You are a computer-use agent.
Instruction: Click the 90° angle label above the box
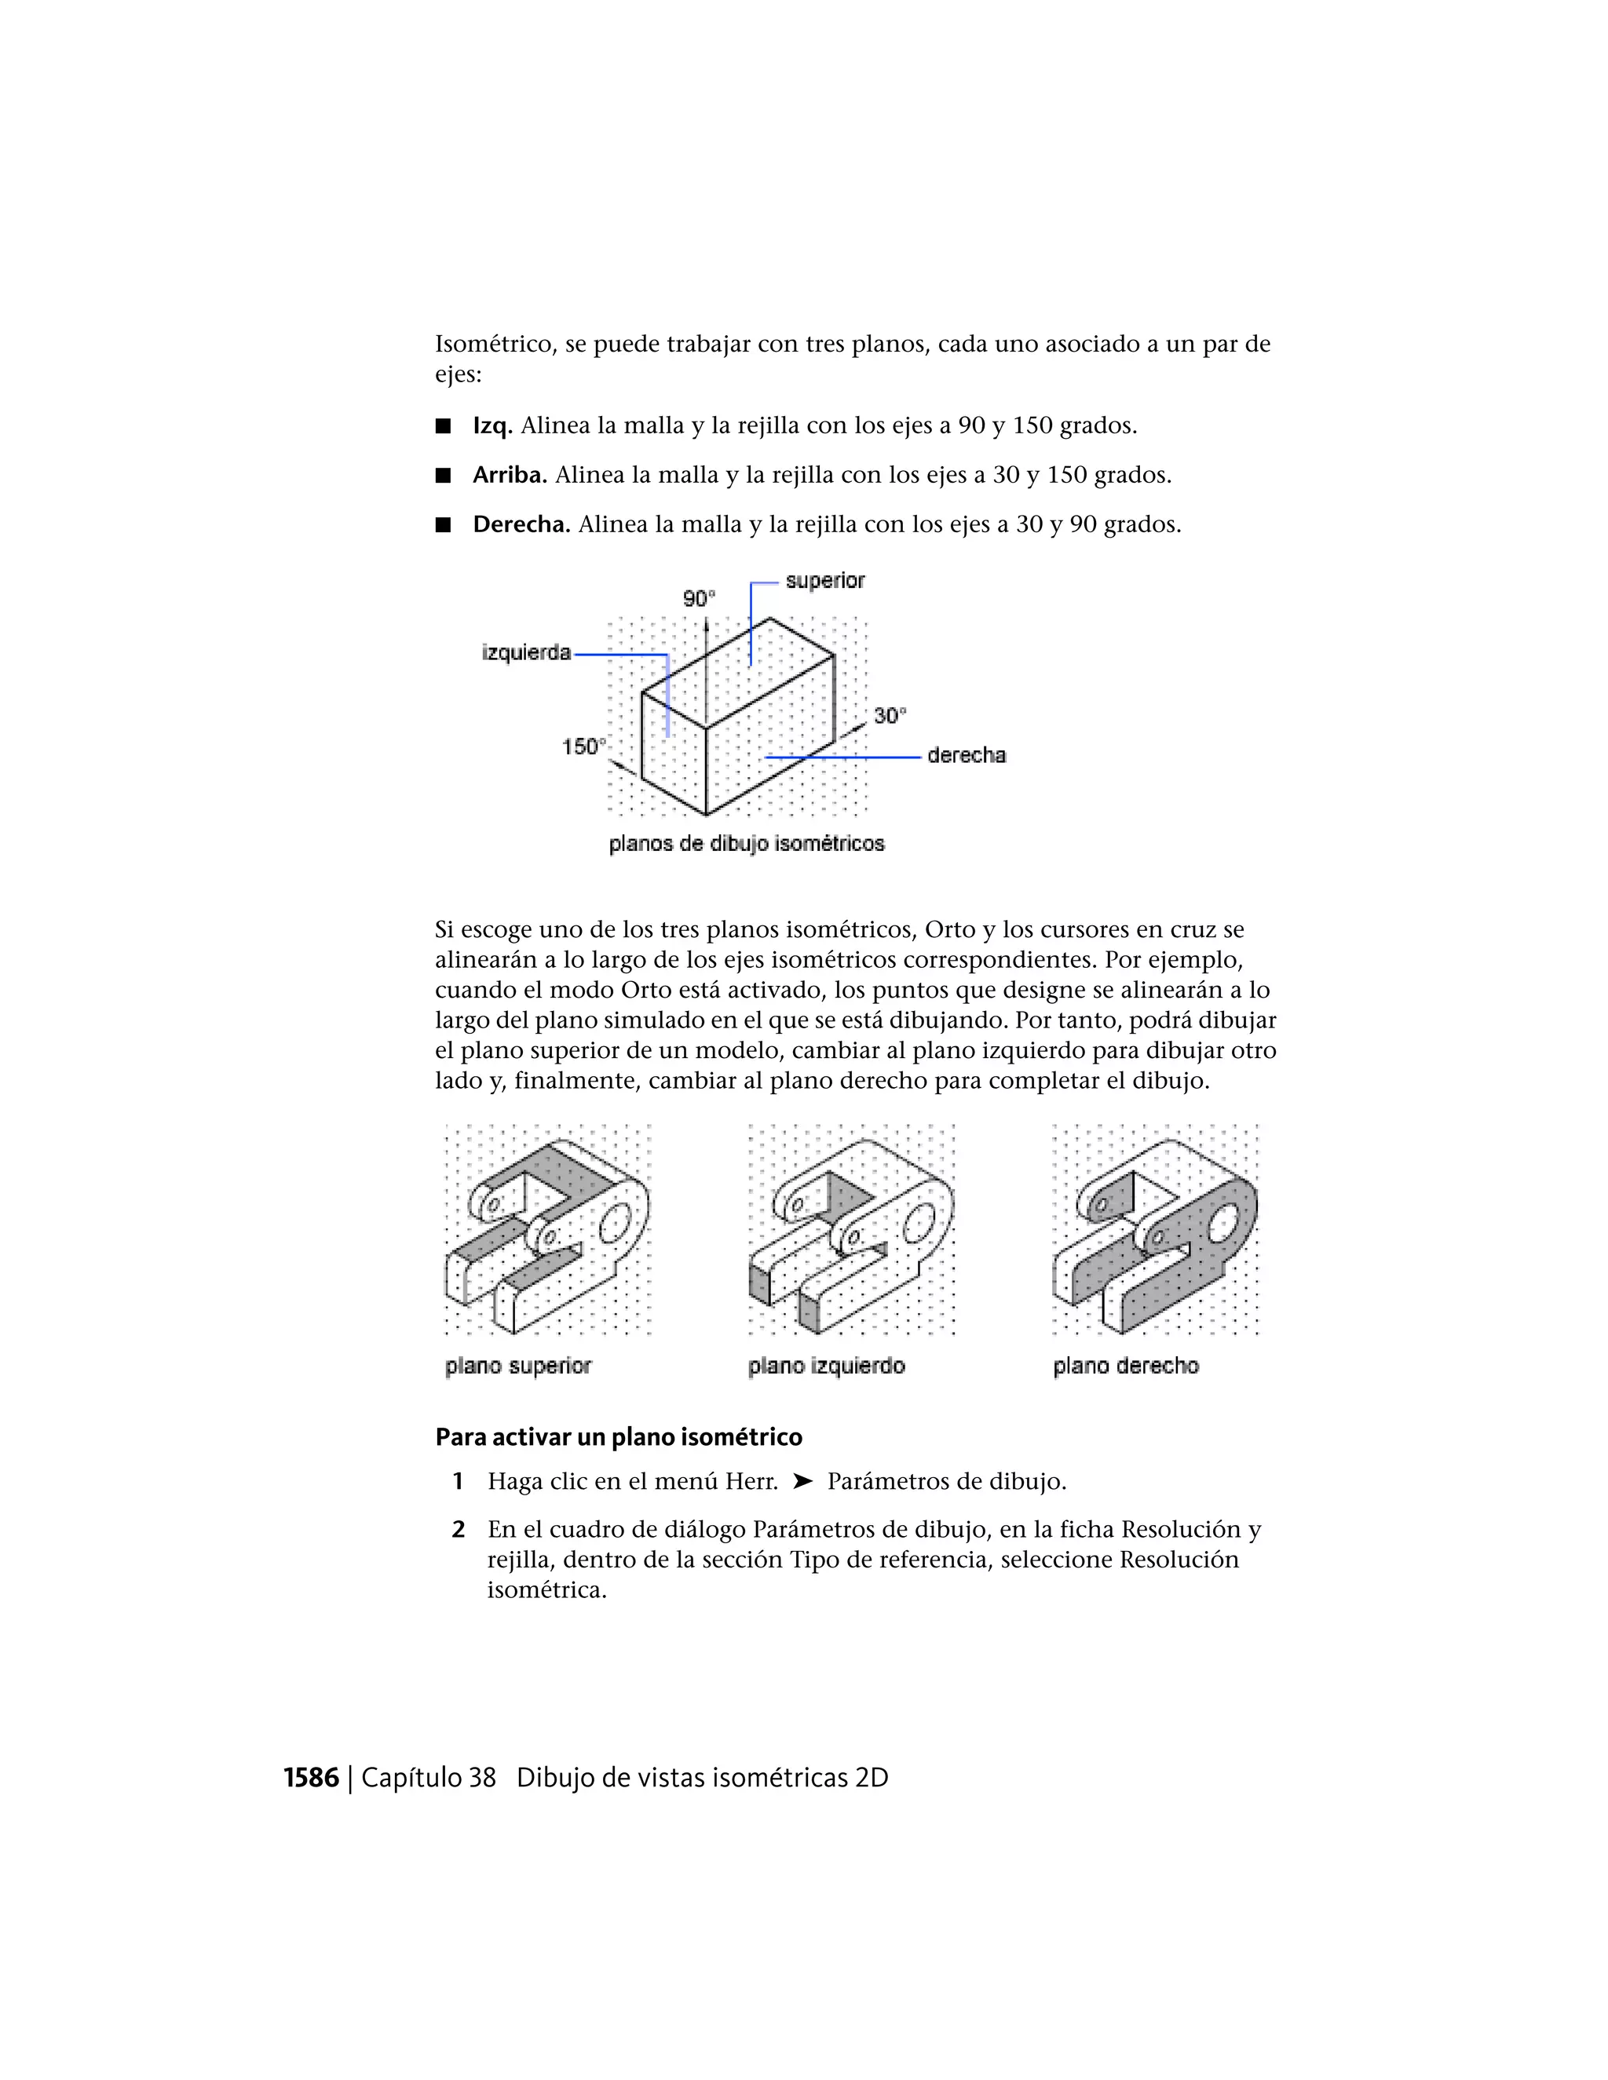pyautogui.click(x=698, y=598)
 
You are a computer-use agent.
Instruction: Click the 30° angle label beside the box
pyautogui.click(x=890, y=715)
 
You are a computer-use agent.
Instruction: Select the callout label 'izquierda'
pyautogui.click(x=526, y=653)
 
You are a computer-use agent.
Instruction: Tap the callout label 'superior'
pyautogui.click(x=825, y=580)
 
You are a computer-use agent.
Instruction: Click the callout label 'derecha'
pyautogui.click(x=966, y=755)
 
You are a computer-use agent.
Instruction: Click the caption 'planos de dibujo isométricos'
pyautogui.click(x=747, y=844)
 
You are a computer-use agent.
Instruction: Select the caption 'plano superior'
pyautogui.click(x=518, y=1367)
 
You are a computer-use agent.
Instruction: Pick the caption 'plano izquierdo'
pyautogui.click(x=826, y=1367)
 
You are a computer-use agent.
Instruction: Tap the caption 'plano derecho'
pyautogui.click(x=1125, y=1367)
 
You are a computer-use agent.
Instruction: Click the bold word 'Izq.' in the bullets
pyautogui.click(x=492, y=425)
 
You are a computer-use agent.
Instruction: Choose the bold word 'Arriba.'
pyautogui.click(x=510, y=475)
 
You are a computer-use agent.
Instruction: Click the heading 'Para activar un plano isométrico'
pyautogui.click(x=618, y=1437)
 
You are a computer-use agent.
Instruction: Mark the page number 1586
pyautogui.click(x=312, y=1778)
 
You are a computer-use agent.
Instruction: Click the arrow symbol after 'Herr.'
pyautogui.click(x=802, y=1482)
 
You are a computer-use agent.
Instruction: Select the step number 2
pyautogui.click(x=459, y=1531)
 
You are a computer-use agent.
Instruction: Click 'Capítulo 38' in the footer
pyautogui.click(x=429, y=1778)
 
